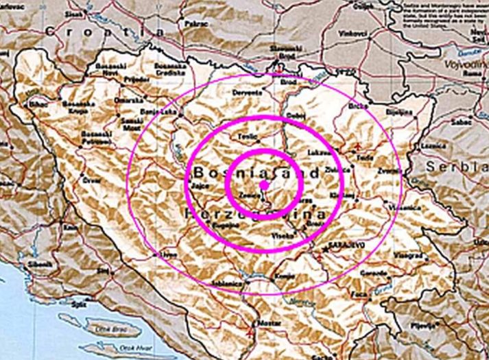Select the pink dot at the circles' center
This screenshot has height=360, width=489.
tap(264, 185)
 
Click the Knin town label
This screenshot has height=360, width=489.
tap(69, 226)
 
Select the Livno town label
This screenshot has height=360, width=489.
tap(168, 254)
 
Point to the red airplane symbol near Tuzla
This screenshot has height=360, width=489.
tap(357, 147)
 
